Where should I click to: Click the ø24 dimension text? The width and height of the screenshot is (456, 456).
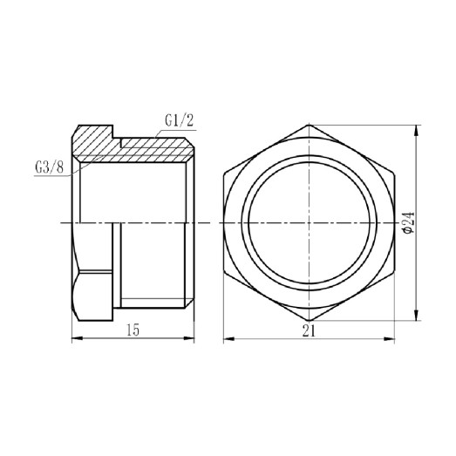[x=407, y=224]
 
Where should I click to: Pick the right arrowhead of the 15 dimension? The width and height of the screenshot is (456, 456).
[x=196, y=337]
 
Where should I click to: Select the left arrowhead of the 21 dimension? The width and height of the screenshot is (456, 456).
[x=226, y=337]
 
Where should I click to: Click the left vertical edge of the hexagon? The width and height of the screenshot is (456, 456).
[x=224, y=224]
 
